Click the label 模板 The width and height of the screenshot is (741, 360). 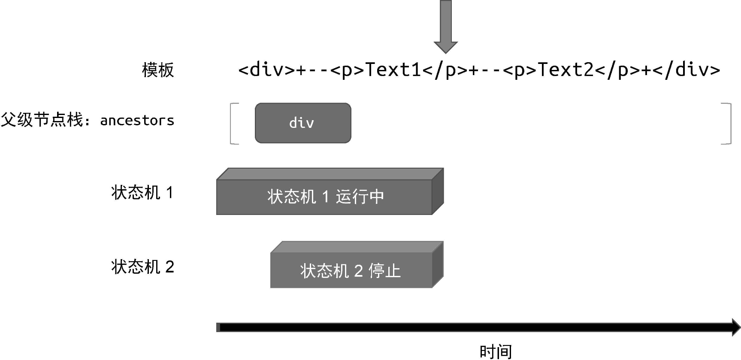click(158, 70)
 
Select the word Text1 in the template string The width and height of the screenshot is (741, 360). click(393, 70)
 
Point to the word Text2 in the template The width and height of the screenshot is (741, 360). click(566, 70)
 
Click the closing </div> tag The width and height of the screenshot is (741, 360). click(687, 70)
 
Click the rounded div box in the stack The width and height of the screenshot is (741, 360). click(303, 123)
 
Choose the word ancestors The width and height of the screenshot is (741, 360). click(137, 121)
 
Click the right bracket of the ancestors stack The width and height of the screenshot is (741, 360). click(728, 124)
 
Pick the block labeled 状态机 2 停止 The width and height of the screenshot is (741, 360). click(351, 270)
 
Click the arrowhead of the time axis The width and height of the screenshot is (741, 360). click(734, 327)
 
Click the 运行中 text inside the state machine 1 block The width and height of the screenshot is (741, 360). click(360, 197)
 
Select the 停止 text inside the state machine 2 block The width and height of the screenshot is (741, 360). click(384, 271)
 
